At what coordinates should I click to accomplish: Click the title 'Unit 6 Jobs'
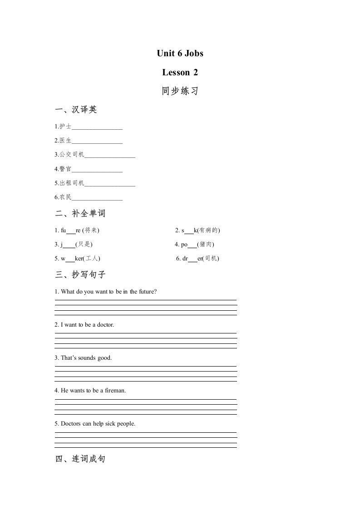pos(180,54)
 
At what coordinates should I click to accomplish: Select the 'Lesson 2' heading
pos(180,73)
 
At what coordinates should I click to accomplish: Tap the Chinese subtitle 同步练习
pos(180,91)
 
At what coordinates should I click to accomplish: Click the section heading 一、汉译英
pos(76,110)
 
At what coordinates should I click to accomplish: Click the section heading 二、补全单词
pos(80,214)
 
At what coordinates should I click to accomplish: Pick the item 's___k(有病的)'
pos(198,230)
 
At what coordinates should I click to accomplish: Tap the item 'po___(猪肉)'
pos(194,245)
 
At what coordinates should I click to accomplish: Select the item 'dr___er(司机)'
pos(197,259)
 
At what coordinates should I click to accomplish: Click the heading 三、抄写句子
pos(80,274)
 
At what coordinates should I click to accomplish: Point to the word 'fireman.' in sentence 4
pos(115,391)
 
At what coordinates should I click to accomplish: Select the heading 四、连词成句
pos(80,459)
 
